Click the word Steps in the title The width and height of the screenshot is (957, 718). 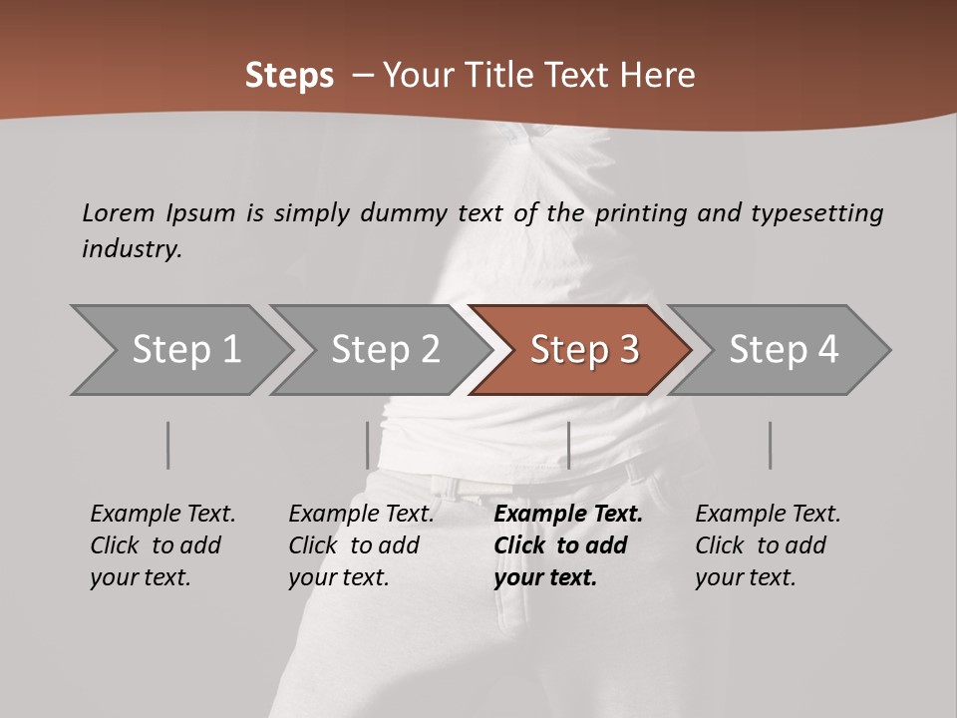[289, 76]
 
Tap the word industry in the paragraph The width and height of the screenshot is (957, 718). [131, 249]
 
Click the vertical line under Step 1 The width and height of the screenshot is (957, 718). [168, 445]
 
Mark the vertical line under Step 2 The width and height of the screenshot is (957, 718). [368, 445]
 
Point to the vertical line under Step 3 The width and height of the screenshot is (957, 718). [568, 445]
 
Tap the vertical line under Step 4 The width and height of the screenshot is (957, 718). [771, 445]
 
